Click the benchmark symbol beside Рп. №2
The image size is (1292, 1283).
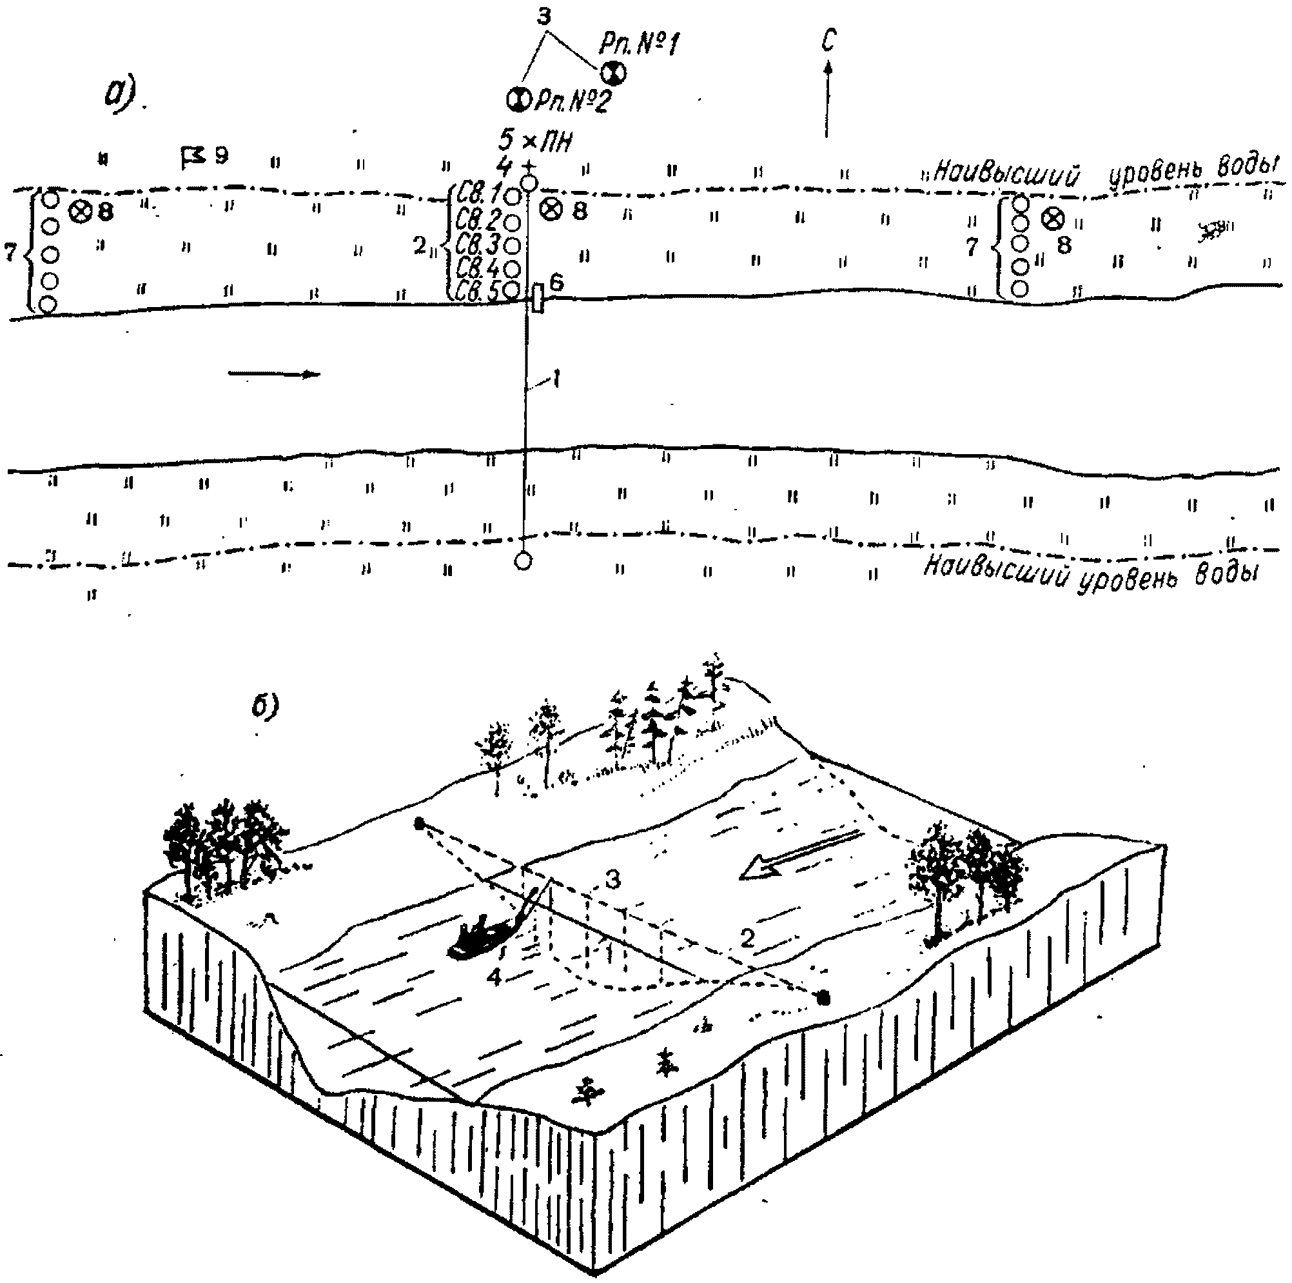518,99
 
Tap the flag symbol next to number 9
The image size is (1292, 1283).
193,158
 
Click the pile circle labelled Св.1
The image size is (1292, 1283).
513,197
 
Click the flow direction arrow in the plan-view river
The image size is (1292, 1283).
274,373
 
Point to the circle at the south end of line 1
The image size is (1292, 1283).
524,561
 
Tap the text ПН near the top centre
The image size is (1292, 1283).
556,142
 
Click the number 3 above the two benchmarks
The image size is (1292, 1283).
544,17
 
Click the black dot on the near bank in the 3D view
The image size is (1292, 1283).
824,999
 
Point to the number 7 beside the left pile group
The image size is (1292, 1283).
11,252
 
